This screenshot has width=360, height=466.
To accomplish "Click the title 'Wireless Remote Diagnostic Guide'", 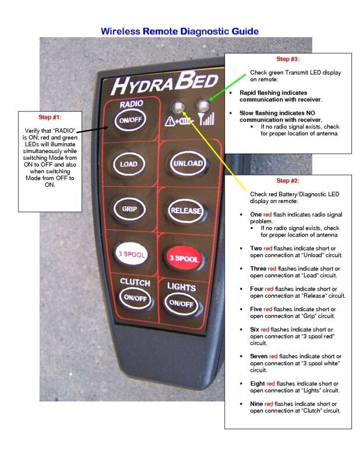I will pos(180,30).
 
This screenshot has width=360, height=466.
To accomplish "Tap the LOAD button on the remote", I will pos(129,164).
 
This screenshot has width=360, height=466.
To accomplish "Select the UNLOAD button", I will pos(188,163).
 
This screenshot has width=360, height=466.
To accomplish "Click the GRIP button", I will pos(129,209).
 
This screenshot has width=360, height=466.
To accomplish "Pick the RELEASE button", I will pos(184,209).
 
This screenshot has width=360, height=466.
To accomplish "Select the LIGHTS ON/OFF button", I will pos(181,303).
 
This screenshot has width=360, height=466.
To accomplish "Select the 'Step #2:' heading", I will pos(288,181).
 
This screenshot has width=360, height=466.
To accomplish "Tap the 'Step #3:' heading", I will pos(288,59).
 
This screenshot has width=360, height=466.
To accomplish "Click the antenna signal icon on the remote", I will pos(205,120).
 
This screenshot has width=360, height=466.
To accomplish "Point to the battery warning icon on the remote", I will pos(177,121).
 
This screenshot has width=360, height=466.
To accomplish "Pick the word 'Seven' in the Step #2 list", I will pos(259,356).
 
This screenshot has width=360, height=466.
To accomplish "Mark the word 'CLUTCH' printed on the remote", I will pos(135,282).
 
